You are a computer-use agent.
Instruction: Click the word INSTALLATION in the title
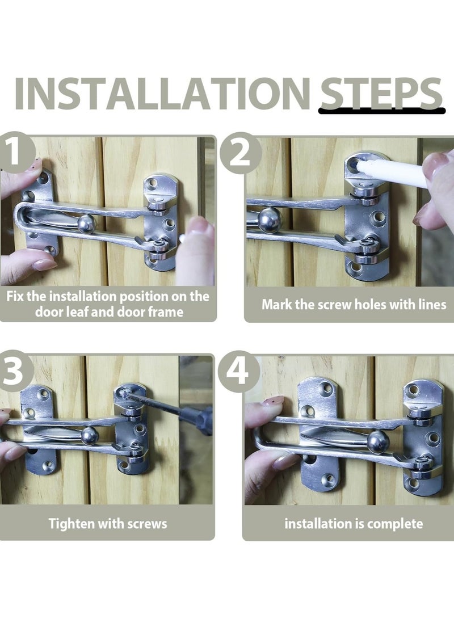point(162,94)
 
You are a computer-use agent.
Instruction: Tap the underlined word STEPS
point(381,94)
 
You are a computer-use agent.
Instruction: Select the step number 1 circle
point(15,153)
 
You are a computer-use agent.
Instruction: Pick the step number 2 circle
point(240,154)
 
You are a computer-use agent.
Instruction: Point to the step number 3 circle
point(14,371)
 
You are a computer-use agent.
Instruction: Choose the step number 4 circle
point(238,372)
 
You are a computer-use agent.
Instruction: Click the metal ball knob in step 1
point(86,224)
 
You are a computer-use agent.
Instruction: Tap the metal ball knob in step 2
point(270,220)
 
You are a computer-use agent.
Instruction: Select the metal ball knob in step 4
point(378,441)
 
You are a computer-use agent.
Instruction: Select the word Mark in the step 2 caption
point(276,305)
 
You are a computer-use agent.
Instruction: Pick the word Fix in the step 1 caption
point(15,296)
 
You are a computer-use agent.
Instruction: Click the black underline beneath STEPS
point(382,111)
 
